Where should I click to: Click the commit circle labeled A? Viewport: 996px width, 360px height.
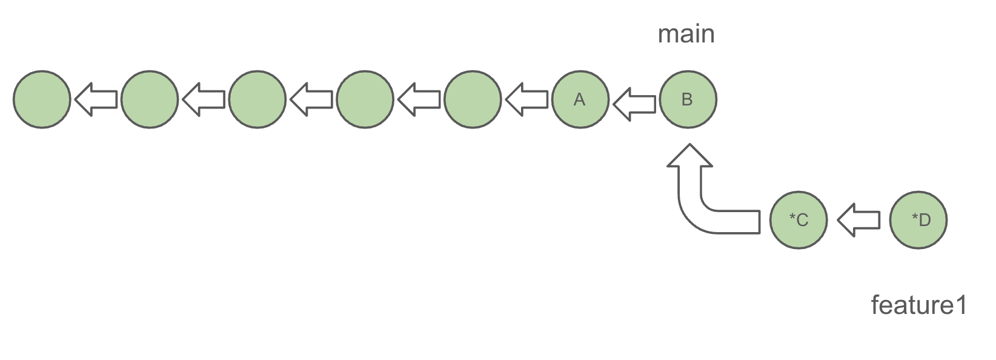click(580, 99)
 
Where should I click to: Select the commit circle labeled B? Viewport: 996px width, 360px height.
click(688, 99)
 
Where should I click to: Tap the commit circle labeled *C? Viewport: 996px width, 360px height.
click(798, 219)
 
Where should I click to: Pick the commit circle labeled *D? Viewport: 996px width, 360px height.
click(918, 219)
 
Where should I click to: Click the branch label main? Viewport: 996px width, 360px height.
click(686, 34)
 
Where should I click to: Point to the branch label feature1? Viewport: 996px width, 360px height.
click(918, 305)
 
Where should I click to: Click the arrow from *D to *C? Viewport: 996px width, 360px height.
click(858, 219)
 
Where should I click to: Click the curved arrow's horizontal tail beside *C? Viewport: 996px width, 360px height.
click(733, 221)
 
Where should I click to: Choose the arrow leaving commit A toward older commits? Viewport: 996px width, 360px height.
click(526, 99)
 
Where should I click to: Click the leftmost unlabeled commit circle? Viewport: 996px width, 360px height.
click(42, 99)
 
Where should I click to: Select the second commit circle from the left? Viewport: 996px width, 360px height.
click(149, 99)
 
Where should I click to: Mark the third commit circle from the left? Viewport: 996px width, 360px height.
click(257, 99)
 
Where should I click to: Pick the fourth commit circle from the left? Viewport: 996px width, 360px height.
click(365, 99)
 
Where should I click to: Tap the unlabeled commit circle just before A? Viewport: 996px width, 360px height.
click(473, 99)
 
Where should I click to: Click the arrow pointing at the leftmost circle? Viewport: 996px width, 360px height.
click(96, 99)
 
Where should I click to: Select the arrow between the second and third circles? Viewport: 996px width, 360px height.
click(204, 99)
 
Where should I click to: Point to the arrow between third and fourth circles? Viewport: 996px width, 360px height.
click(311, 99)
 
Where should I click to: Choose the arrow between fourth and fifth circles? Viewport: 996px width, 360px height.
click(419, 99)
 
